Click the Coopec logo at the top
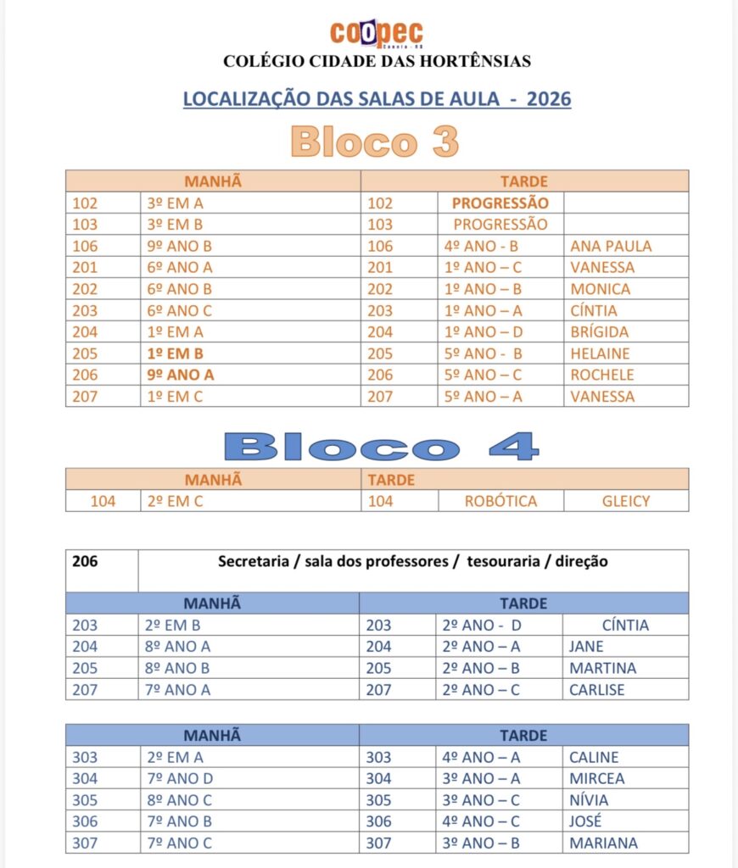(377, 34)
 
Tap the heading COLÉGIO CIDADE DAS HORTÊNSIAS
(377, 61)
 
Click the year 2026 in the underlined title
(549, 99)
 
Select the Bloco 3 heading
(374, 142)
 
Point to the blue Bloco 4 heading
(381, 446)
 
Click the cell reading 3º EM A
(176, 203)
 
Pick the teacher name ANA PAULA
(611, 246)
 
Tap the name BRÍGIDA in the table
(600, 332)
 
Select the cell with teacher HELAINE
(601, 353)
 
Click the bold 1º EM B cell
(176, 353)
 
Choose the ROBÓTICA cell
(500, 501)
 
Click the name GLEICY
(626, 501)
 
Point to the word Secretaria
(253, 561)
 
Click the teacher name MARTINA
(602, 668)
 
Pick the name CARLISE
(596, 689)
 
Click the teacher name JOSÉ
(585, 821)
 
